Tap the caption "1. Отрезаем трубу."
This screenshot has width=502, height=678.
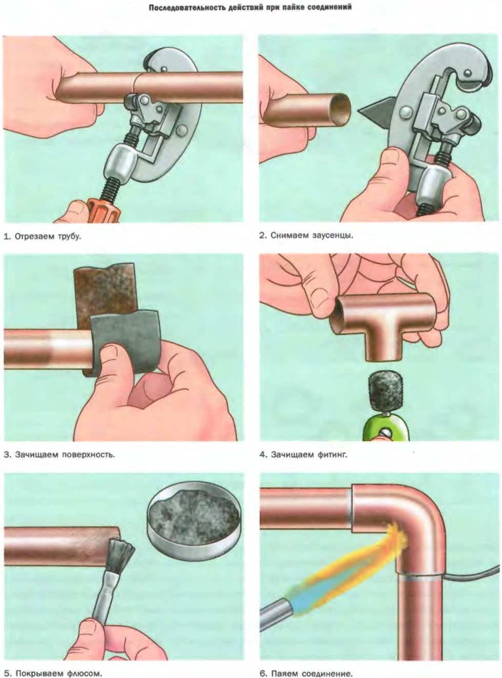[42, 236]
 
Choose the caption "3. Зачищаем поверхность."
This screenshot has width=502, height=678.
[59, 454]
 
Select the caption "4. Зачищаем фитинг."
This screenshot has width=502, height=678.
[304, 455]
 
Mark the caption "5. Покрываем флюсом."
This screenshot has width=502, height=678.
[52, 671]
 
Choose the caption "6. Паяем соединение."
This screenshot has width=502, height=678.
[306, 671]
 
